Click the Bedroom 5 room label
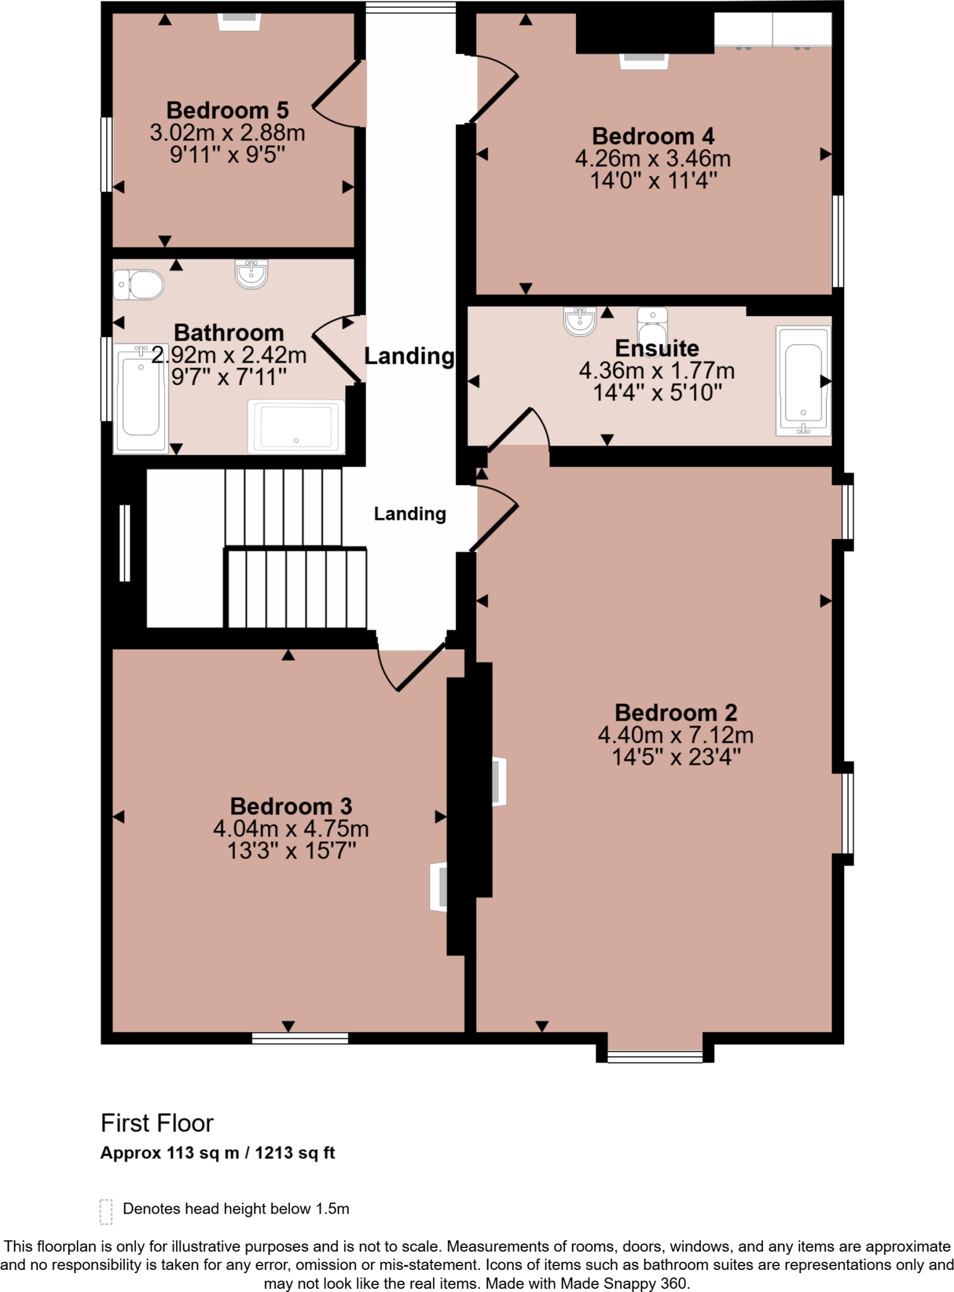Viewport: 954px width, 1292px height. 227,110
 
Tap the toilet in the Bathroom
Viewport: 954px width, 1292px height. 140,285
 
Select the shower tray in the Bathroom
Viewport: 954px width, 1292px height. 296,426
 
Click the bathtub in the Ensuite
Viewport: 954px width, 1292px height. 803,382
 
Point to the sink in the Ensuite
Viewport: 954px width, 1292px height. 580,321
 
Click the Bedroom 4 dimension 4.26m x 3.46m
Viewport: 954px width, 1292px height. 653,159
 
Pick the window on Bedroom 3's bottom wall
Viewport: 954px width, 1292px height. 300,1038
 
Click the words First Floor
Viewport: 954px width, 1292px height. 157,1124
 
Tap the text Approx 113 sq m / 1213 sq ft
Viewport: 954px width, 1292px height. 218,1153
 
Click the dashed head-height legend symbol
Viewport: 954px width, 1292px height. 106,1212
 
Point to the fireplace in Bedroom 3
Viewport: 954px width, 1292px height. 439,886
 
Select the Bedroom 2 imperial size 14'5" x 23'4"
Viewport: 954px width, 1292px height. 676,757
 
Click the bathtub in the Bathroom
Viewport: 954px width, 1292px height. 141,398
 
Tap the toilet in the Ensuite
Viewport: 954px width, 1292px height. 652,324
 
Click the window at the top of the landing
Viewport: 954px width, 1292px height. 411,8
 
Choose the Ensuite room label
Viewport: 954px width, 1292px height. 657,348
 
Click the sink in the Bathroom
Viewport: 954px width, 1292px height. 251,273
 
